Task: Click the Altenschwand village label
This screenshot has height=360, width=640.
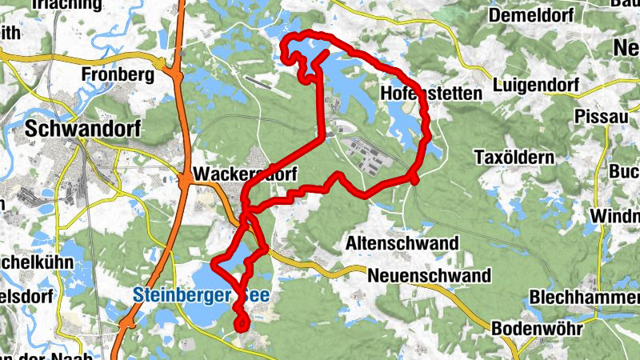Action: pyautogui.click(x=402, y=242)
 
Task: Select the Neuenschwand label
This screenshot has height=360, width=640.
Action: pyautogui.click(x=430, y=276)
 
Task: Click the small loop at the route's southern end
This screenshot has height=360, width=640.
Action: pyautogui.click(x=241, y=322)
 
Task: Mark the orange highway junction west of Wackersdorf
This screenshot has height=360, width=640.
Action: pyautogui.click(x=185, y=182)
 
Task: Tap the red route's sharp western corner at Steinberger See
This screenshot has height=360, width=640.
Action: pyautogui.click(x=214, y=264)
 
